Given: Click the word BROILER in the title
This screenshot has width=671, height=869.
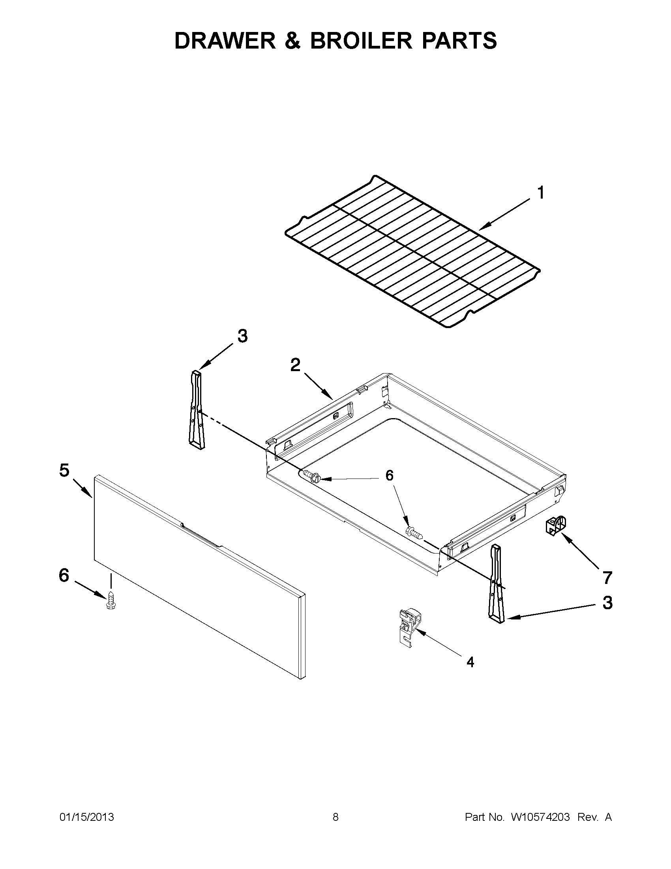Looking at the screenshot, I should [361, 41].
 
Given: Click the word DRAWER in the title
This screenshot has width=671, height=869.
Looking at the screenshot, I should [225, 41].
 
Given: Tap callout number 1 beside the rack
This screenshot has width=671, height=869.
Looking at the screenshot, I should [540, 193].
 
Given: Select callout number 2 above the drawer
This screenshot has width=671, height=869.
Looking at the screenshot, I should [295, 365].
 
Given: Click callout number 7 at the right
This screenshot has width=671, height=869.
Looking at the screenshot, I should [607, 578].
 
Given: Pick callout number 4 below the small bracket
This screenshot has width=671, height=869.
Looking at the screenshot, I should [470, 662].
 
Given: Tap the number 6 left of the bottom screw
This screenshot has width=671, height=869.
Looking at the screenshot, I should [64, 575].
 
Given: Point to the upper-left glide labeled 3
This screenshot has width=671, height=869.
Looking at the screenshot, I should [196, 410].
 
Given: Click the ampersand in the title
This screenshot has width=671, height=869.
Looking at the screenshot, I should [292, 41].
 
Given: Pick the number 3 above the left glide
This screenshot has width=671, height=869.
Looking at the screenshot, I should [242, 336].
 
